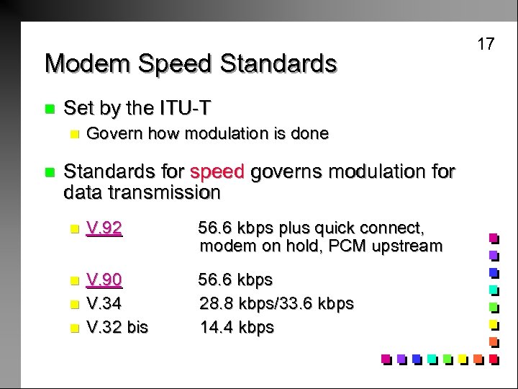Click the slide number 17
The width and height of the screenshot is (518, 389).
pyautogui.click(x=486, y=44)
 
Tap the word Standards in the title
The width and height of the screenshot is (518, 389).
pyautogui.click(x=278, y=64)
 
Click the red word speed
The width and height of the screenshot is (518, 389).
pyautogui.click(x=218, y=172)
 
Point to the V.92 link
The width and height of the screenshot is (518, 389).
pyautogui.click(x=104, y=228)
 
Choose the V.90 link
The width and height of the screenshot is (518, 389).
pyautogui.click(x=104, y=280)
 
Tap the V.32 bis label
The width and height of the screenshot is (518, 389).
pyautogui.click(x=117, y=327)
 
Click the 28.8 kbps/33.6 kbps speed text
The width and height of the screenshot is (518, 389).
pyautogui.click(x=276, y=303)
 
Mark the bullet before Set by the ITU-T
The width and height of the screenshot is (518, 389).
pyautogui.click(x=49, y=109)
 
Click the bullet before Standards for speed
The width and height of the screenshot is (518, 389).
pyautogui.click(x=49, y=173)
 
